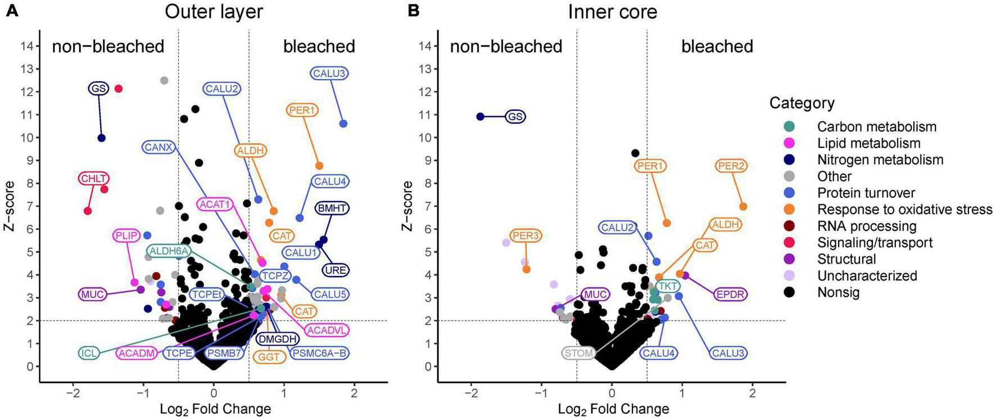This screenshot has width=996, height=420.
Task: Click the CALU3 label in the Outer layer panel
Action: [x=329, y=73]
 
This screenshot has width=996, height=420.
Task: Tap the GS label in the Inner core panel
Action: [x=515, y=117]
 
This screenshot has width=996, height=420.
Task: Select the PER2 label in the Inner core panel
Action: [x=731, y=166]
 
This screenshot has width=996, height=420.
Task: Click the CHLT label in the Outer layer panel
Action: [x=93, y=179]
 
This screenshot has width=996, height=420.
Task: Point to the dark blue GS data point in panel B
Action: [x=480, y=116]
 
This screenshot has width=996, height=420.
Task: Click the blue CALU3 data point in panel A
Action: [x=343, y=124]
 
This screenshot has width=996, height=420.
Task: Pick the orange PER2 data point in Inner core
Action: [x=743, y=207]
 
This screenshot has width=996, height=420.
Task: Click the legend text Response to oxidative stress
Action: [x=904, y=210]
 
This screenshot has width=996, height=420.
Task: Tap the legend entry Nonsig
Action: [x=838, y=292]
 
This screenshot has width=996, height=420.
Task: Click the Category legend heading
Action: [x=802, y=103]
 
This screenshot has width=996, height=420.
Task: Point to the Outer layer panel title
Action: [x=214, y=12]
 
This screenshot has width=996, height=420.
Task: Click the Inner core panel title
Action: [x=612, y=12]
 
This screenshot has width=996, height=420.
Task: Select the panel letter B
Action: [x=413, y=11]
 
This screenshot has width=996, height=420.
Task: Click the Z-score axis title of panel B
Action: [x=408, y=206]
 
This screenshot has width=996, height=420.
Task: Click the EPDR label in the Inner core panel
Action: [x=731, y=294]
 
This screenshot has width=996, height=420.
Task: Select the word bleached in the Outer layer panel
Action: [x=319, y=46]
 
